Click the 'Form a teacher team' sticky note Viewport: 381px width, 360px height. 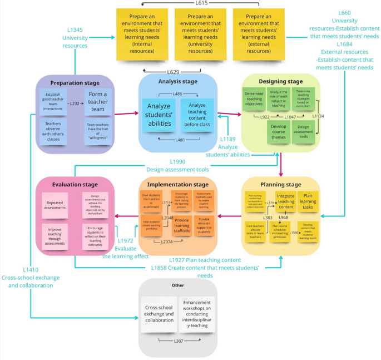pyautogui.click(x=98, y=102)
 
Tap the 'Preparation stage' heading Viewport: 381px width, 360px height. pyautogui.click(x=75, y=83)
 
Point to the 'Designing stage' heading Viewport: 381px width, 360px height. pyautogui.click(x=280, y=81)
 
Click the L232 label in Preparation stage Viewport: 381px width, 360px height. pyautogui.click(x=75, y=103)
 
